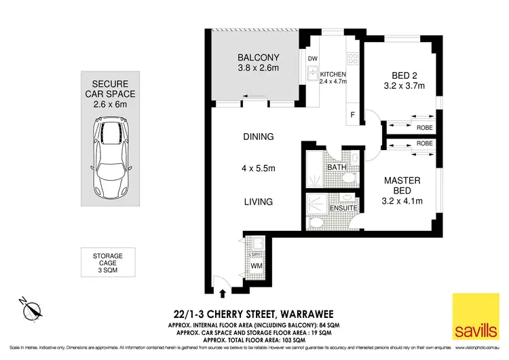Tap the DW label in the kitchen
point(313,58)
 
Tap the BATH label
point(337,167)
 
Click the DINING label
point(258,137)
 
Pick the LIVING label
point(258,202)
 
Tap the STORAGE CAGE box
point(108,262)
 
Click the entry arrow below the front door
point(224,293)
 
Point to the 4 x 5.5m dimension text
point(259,168)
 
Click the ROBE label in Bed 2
point(426,126)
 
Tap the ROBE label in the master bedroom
point(426,144)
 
